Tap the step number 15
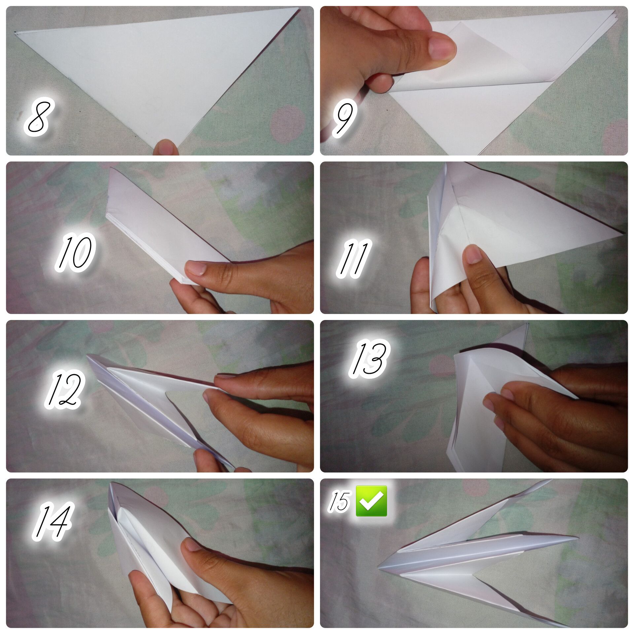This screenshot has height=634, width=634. pyautogui.click(x=338, y=501)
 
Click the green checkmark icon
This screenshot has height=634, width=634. pyautogui.click(x=371, y=501)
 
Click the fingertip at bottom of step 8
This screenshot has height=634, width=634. pyautogui.click(x=166, y=147)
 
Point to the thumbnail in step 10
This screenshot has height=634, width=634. pyautogui.click(x=196, y=268)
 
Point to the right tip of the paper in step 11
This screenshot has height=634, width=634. pyautogui.click(x=623, y=233)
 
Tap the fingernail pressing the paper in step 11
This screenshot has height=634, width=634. pyautogui.click(x=473, y=255)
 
